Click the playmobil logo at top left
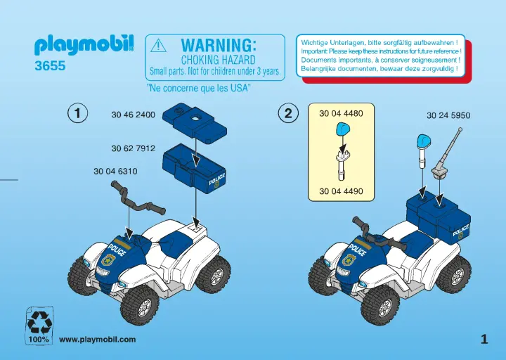(84, 47)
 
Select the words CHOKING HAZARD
(218, 60)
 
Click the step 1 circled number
(77, 113)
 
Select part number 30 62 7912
(133, 148)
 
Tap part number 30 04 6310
(115, 171)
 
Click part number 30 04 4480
(341, 113)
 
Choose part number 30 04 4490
(341, 191)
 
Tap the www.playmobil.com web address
(97, 340)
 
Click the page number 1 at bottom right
(484, 340)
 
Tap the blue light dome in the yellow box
(342, 129)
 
